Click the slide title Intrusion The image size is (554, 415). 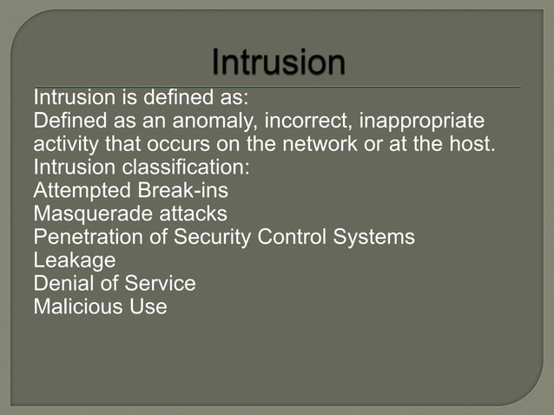(x=278, y=63)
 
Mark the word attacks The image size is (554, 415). (x=190, y=213)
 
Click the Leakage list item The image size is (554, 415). (x=74, y=260)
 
